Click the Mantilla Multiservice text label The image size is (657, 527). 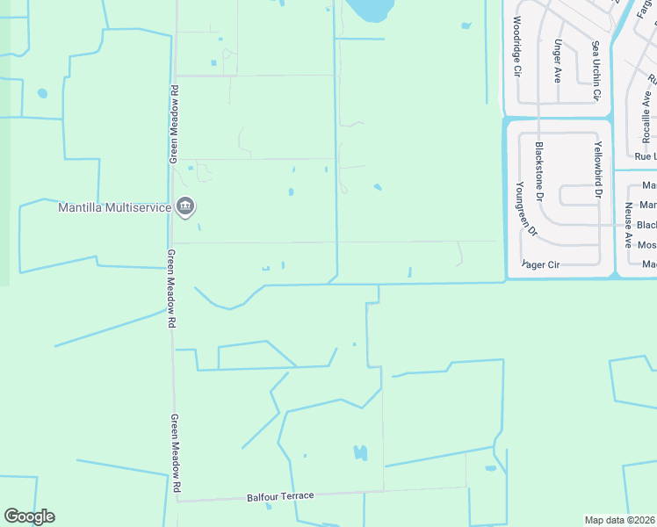[x=116, y=208]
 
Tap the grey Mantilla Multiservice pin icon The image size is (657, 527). [x=185, y=207]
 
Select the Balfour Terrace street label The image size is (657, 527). [x=281, y=496]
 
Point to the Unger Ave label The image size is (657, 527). [x=558, y=61]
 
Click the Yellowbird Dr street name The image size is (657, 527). [x=598, y=168]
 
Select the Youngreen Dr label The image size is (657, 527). [x=526, y=208]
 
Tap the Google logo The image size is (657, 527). [x=29, y=516]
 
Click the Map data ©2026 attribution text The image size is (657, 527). [x=620, y=520]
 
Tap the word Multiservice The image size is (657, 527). [x=143, y=208]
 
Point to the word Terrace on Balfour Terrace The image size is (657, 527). [x=298, y=496]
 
